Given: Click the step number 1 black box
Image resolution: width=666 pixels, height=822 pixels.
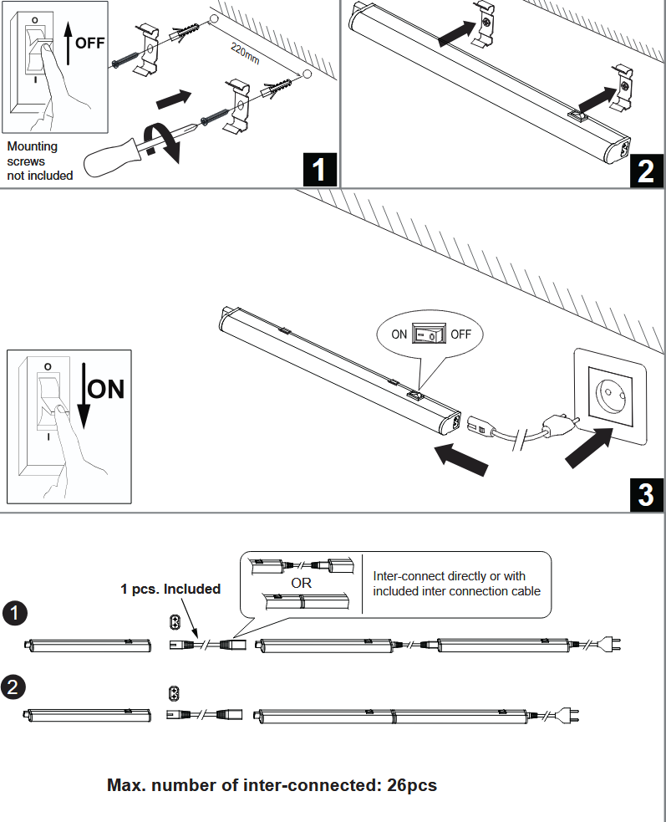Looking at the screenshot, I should (x=318, y=170).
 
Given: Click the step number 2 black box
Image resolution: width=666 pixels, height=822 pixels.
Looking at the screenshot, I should (x=646, y=170).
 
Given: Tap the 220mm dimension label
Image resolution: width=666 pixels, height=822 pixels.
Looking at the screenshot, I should (x=247, y=54).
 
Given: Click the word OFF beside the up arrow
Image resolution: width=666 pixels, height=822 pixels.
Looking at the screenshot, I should (x=89, y=42).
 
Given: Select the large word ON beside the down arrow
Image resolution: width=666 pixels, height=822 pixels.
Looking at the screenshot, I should (x=106, y=390).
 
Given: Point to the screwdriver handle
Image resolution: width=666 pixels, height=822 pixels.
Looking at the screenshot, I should (x=113, y=156).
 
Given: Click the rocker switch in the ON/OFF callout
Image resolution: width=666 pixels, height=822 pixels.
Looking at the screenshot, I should (x=429, y=334).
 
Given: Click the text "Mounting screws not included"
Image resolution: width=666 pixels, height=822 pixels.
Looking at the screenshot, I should (x=39, y=161).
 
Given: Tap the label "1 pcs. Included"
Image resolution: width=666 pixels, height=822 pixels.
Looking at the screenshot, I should (x=170, y=589).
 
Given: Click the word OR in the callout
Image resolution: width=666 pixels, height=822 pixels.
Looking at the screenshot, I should (x=302, y=583).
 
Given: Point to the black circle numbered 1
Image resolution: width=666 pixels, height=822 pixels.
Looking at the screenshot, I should (x=14, y=613).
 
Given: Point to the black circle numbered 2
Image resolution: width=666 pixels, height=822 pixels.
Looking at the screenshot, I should (x=14, y=687).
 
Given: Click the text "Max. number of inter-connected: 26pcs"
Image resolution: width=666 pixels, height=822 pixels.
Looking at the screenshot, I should (x=272, y=785).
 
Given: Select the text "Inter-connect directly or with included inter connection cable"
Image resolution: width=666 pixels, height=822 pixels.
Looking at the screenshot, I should (x=456, y=583).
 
